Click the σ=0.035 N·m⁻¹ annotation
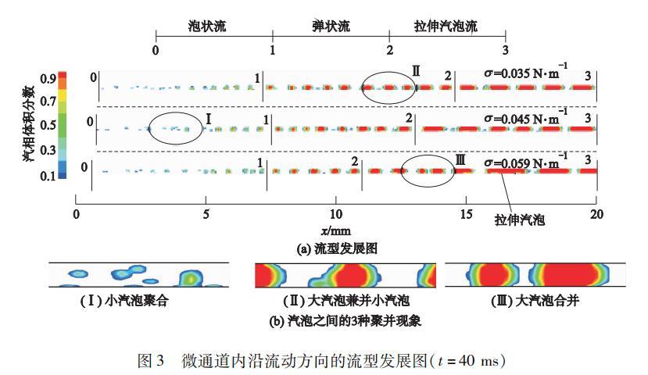[527, 74]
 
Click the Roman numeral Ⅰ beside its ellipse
[209, 118]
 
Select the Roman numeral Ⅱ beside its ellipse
[416, 72]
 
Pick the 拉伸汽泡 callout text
[519, 221]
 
